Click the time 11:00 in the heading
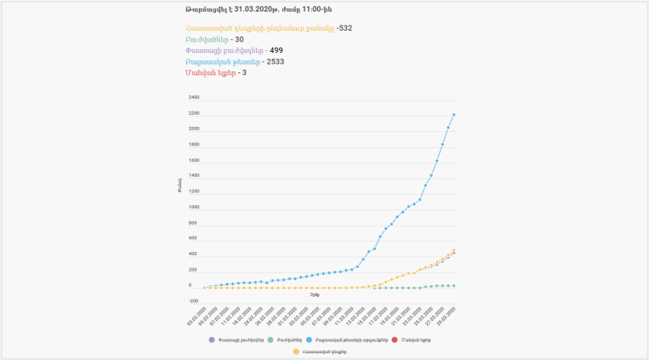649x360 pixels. point(305,8)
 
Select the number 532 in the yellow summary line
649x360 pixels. point(344,28)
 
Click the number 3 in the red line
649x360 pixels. point(244,72)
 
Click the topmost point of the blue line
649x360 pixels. point(453,115)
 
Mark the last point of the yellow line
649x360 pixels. point(453,250)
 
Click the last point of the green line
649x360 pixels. point(453,286)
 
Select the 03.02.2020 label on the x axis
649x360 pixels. point(196,316)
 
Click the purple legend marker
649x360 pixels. point(211,340)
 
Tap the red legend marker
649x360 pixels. point(394,340)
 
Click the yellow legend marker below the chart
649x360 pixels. point(296,351)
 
